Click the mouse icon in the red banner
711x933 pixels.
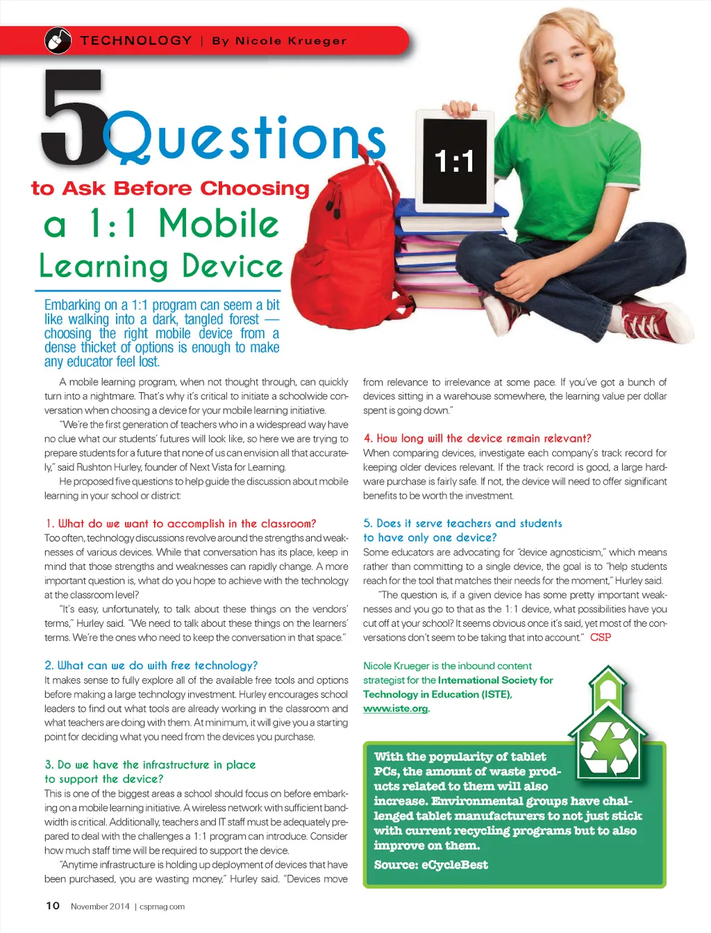[x=58, y=41]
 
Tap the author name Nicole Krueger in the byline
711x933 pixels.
[x=290, y=41]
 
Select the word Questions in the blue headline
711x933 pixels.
[x=244, y=138]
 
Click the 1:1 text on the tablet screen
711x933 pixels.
[x=454, y=162]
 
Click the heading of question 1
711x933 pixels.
[x=181, y=523]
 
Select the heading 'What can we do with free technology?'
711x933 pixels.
[x=151, y=665]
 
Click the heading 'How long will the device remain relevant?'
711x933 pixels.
[x=477, y=438]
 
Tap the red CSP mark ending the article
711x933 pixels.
[x=601, y=637]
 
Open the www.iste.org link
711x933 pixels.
[x=396, y=709]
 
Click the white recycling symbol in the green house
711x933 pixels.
[x=608, y=748]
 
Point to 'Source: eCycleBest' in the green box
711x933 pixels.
[x=430, y=865]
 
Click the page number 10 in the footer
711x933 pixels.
[x=53, y=905]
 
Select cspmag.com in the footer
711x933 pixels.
[x=162, y=906]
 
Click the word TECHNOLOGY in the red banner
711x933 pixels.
[x=136, y=41]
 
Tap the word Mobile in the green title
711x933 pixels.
[x=219, y=224]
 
